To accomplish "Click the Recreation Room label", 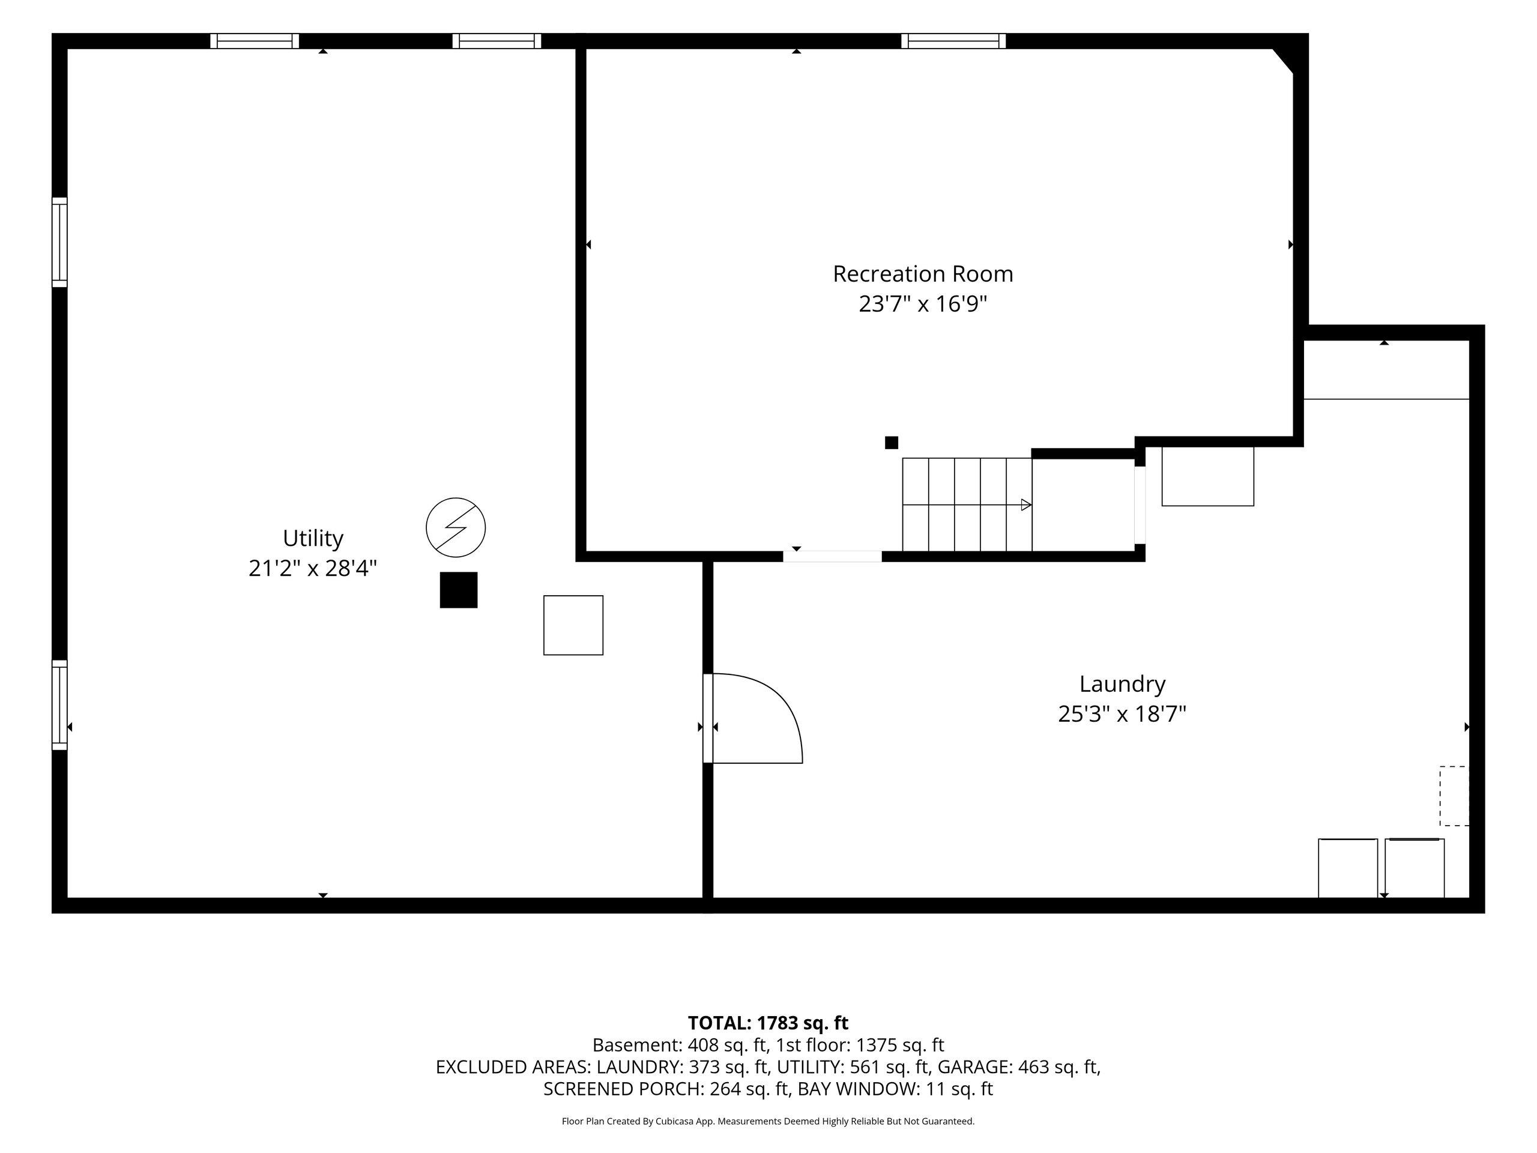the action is click(923, 274).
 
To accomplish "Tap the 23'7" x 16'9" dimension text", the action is click(923, 304).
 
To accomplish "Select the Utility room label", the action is click(313, 539).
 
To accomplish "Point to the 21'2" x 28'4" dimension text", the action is click(313, 569).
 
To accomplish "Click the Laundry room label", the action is click(1122, 684).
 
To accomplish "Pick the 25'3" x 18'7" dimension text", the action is click(1122, 714).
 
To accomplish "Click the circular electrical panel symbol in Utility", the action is click(456, 527).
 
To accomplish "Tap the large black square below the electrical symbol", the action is click(459, 590).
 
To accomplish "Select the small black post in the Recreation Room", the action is click(892, 443).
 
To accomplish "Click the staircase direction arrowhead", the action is click(1026, 505).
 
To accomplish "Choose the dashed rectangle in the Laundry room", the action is click(1454, 796).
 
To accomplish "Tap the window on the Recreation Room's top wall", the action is click(953, 41).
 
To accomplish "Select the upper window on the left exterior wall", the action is click(60, 243).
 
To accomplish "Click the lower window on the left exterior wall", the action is click(60, 706).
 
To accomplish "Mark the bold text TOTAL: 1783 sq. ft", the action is click(768, 1023).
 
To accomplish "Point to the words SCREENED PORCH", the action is click(622, 1089).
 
